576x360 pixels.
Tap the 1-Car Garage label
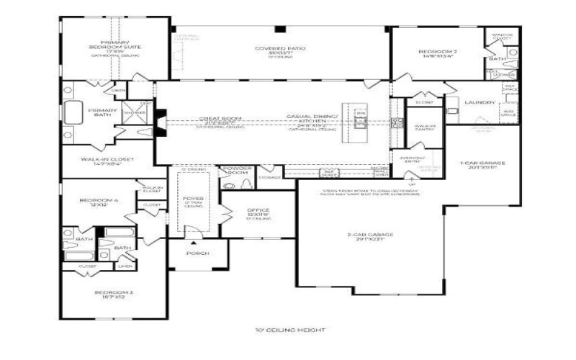click(482, 163)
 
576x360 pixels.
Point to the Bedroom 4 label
click(94, 201)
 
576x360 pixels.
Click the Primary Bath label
click(98, 112)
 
